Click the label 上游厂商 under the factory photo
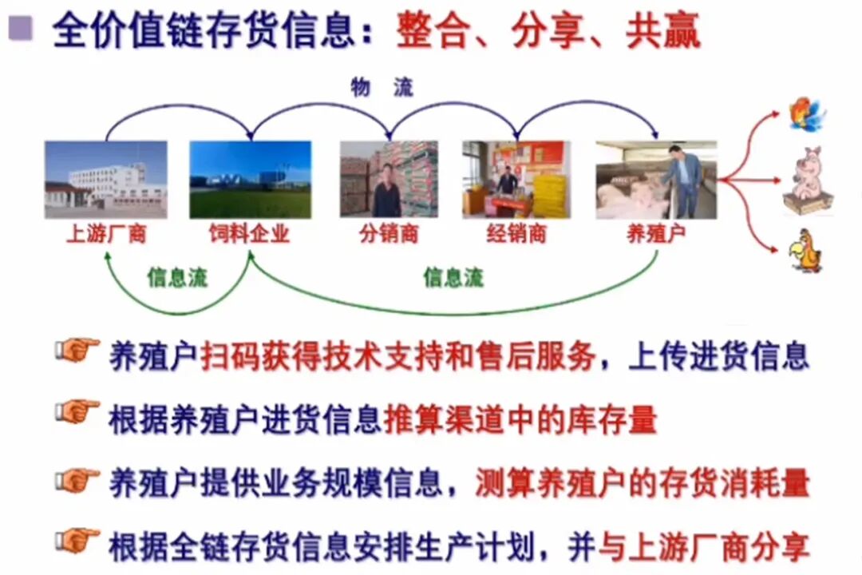pyautogui.click(x=106, y=235)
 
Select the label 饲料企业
pyautogui.click(x=250, y=235)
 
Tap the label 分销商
pyautogui.click(x=389, y=235)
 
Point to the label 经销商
pyautogui.click(x=516, y=235)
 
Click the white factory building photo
pyautogui.click(x=106, y=180)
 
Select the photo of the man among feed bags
pyautogui.click(x=389, y=180)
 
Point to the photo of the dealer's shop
pyautogui.click(x=516, y=180)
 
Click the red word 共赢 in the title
pyautogui.click(x=663, y=31)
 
